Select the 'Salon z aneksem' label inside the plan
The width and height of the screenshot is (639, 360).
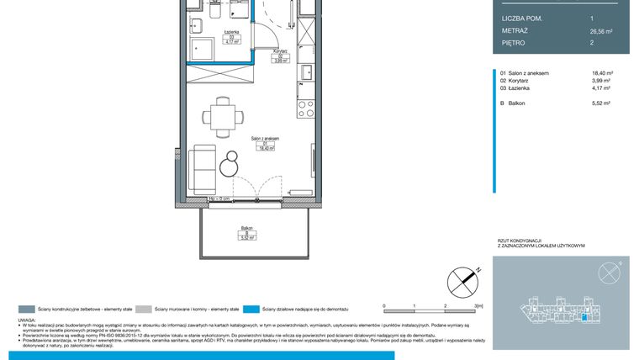(x=265, y=140)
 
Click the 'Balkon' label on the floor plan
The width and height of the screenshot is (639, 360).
(x=247, y=228)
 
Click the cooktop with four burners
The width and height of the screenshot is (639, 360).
(x=306, y=106)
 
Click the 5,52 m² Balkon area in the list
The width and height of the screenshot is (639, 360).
(x=601, y=103)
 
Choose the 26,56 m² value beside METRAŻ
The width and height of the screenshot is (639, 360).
(x=602, y=30)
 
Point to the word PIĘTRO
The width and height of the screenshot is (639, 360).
(x=514, y=42)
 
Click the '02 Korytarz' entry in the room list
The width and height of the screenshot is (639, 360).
(x=518, y=81)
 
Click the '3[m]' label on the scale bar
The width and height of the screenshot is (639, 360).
(x=477, y=306)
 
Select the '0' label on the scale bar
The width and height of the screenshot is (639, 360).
(x=383, y=306)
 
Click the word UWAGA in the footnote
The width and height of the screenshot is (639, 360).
(x=27, y=320)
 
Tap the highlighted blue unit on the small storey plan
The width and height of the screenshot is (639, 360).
(x=585, y=318)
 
